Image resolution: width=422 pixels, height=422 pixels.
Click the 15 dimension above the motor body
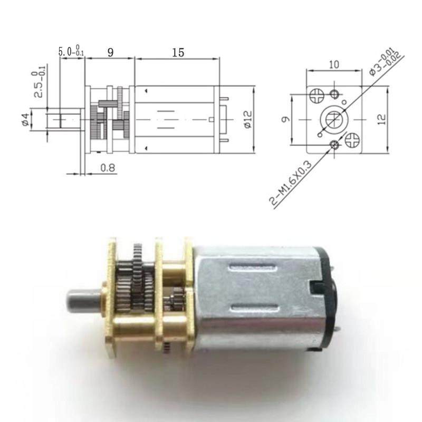click(x=178, y=53)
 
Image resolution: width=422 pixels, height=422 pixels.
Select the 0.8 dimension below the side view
click(x=107, y=168)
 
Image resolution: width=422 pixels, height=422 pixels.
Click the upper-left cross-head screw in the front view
click(x=316, y=95)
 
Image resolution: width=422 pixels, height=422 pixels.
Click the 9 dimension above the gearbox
click(x=110, y=52)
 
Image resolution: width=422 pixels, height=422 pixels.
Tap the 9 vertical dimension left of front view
click(x=284, y=119)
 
